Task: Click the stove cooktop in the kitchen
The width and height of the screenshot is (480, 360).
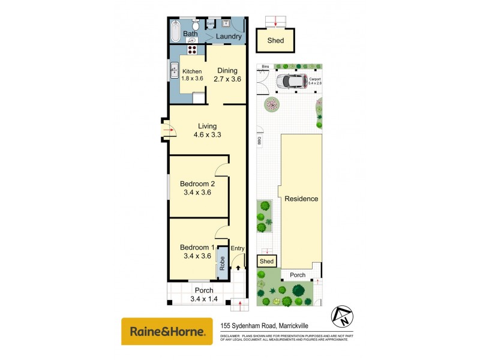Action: click(193, 50)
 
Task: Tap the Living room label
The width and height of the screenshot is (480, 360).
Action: click(207, 126)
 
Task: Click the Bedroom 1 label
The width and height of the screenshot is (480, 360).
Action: click(197, 247)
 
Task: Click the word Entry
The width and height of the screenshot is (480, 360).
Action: click(238, 248)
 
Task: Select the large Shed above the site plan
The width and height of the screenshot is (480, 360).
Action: click(275, 41)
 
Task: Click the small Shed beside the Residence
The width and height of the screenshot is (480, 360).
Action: click(266, 261)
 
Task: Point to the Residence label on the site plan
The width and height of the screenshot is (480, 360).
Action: click(301, 199)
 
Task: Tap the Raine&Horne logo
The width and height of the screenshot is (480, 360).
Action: click(167, 331)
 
